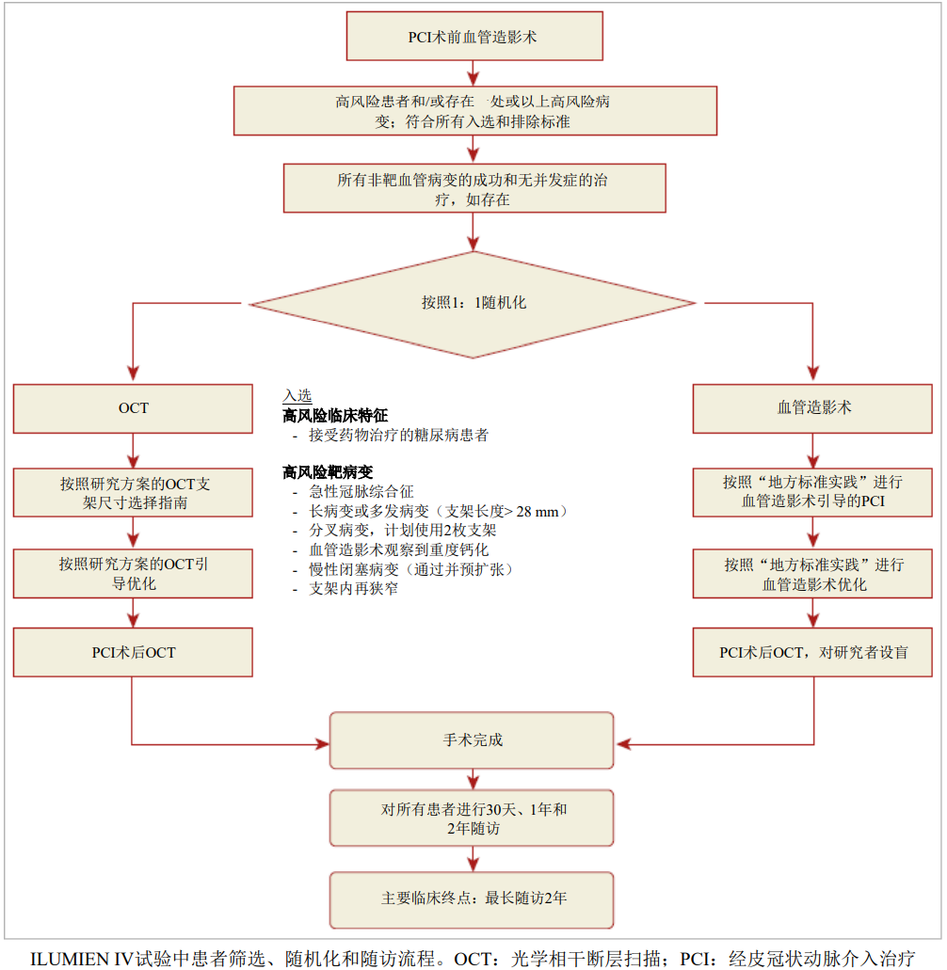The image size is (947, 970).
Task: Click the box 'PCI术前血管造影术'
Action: click(x=474, y=37)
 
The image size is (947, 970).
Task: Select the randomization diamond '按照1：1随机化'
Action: click(x=473, y=304)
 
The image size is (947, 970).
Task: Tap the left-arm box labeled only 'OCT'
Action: click(x=133, y=408)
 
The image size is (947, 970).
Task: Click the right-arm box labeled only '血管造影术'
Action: click(x=813, y=408)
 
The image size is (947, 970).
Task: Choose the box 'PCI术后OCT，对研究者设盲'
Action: click(x=813, y=652)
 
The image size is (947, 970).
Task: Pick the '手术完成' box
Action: click(x=472, y=740)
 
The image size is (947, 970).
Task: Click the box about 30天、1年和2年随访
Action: click(x=472, y=819)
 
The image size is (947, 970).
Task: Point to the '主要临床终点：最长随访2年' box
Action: click(x=472, y=898)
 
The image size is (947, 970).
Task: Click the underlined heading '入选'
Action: click(x=297, y=396)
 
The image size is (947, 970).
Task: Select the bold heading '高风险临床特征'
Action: click(x=334, y=416)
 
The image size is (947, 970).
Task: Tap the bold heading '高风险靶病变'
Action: click(x=328, y=472)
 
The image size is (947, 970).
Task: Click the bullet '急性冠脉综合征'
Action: click(x=361, y=492)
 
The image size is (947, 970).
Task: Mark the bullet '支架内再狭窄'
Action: click(x=353, y=589)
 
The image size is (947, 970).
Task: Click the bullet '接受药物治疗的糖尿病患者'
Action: click(x=398, y=436)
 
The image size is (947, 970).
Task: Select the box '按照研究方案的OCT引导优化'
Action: click(x=133, y=574)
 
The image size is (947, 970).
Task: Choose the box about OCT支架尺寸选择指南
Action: click(x=133, y=493)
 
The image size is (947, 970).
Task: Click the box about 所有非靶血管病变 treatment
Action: click(x=474, y=189)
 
